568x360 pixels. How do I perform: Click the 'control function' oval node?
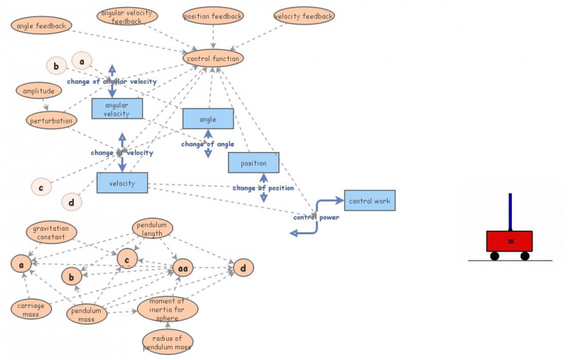(x=213, y=58)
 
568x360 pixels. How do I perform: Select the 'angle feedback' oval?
(x=41, y=26)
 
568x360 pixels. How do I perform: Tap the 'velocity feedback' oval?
(x=304, y=16)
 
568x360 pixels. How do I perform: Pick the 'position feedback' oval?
(x=213, y=16)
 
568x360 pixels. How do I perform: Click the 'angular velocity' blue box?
(x=117, y=109)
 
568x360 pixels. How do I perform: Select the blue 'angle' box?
(x=208, y=119)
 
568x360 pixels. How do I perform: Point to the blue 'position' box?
(x=253, y=163)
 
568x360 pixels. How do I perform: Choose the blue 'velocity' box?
(x=122, y=183)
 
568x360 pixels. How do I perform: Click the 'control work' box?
(x=370, y=200)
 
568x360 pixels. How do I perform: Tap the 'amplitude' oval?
(x=39, y=91)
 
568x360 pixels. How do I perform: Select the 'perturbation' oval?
(x=51, y=120)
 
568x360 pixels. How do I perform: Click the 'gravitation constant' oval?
(x=51, y=232)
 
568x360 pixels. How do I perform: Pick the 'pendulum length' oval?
(x=152, y=229)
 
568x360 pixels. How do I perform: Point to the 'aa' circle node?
(x=182, y=268)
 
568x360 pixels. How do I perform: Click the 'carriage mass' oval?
(x=31, y=310)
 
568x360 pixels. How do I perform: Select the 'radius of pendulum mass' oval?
(x=168, y=342)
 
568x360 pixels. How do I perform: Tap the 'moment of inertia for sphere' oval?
(x=168, y=309)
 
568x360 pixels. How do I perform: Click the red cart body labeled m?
(x=509, y=241)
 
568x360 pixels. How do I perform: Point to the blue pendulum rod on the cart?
(x=510, y=212)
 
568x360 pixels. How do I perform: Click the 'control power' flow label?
(x=316, y=217)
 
